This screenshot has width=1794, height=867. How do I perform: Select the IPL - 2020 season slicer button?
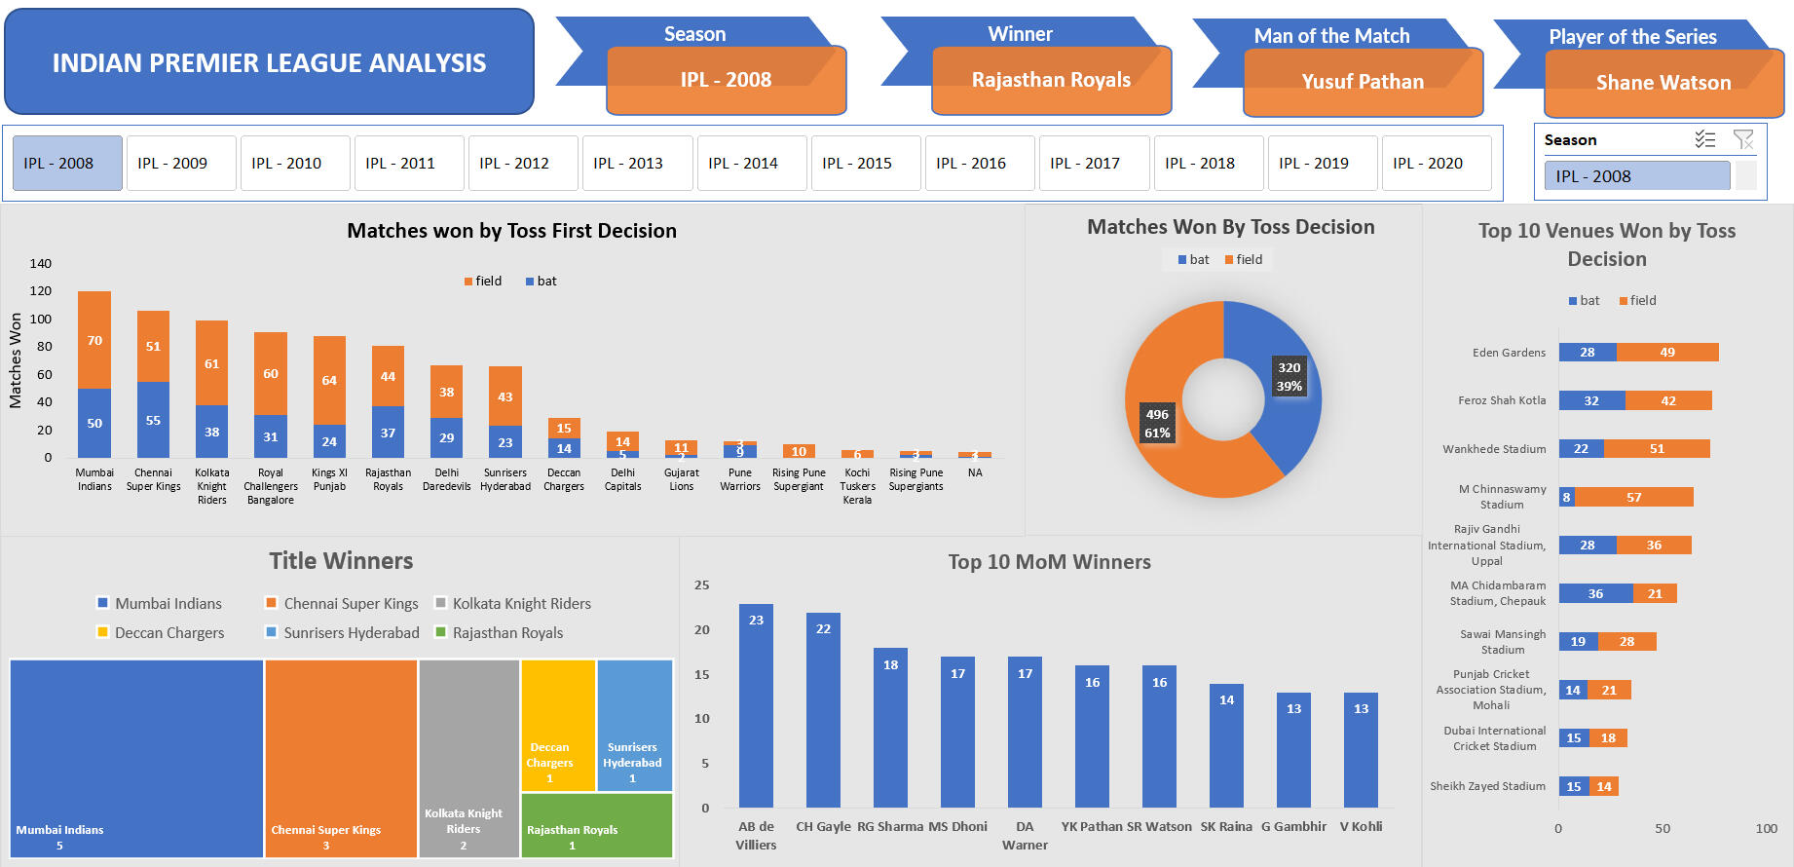pos(1436,164)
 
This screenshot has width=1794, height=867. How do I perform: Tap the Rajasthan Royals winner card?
pos(1051,81)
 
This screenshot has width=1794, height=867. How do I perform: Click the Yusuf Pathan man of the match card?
pos(1363,83)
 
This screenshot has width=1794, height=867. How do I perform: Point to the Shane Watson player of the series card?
pos(1663,84)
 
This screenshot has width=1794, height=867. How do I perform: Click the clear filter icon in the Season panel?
pos(1742,140)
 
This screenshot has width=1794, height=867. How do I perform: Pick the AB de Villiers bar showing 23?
pos(756,705)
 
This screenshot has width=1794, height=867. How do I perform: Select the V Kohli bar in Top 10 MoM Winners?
pos(1361,749)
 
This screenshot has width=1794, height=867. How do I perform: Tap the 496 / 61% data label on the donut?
pos(1157,424)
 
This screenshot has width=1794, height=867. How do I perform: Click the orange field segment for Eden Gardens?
pos(1667,353)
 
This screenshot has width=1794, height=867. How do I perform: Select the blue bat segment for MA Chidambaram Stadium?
pos(1595,593)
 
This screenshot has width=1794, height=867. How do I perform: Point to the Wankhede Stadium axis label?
pos(1494,449)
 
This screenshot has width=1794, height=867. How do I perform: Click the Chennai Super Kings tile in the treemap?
pos(341,758)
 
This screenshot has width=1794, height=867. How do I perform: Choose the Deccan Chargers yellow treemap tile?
pos(557,725)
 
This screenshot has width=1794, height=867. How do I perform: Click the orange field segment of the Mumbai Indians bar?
pos(94,340)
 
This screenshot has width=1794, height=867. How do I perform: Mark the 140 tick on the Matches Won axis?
pos(41,264)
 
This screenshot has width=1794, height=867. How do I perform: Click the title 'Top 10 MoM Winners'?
pos(1049,562)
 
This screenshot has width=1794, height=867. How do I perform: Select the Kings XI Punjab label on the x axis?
pos(329,479)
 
